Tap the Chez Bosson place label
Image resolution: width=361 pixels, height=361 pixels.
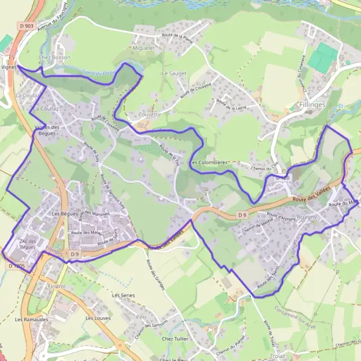point(54,57)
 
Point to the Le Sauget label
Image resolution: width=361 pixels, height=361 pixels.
point(174,73)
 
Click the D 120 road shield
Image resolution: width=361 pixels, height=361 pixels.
point(283,178)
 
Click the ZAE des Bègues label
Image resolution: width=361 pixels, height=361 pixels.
point(28,244)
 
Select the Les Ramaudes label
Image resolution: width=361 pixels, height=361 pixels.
point(27,319)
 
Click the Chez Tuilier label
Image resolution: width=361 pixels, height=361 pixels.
point(174,339)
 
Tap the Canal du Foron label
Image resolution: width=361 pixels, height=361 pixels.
point(97,71)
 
